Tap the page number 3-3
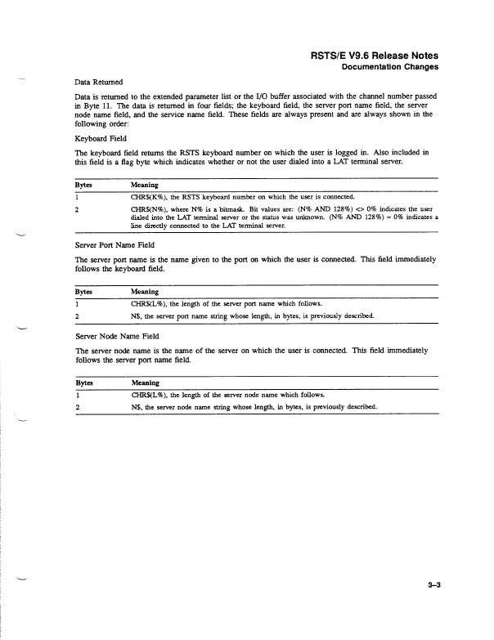click(433, 584)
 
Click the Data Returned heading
click(98, 82)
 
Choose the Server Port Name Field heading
click(112, 245)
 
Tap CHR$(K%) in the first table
click(147, 197)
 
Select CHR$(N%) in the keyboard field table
click(147, 208)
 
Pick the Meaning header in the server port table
click(145, 292)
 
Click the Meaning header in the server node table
click(145, 383)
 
